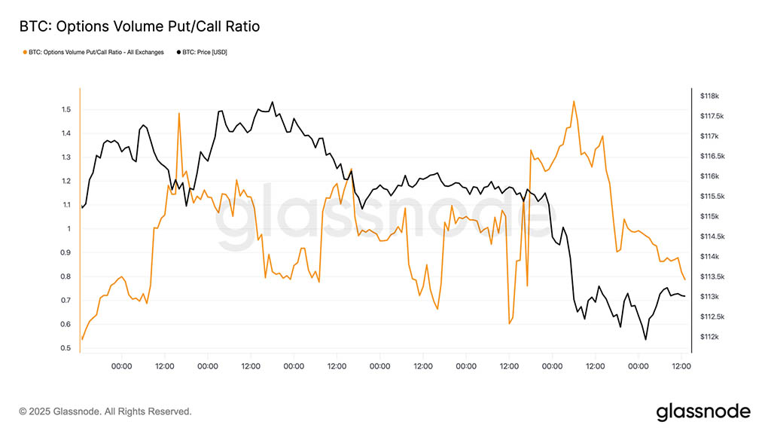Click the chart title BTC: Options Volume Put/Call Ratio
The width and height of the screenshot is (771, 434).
pos(139,27)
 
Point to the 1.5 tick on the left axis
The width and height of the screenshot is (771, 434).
pos(67,110)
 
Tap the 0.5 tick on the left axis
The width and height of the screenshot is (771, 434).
pos(67,348)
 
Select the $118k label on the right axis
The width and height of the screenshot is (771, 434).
pos(710,96)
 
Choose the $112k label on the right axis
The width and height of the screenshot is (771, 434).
pos(710,337)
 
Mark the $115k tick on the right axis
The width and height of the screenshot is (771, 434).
pos(710,217)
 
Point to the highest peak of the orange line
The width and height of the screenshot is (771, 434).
pos(574,101)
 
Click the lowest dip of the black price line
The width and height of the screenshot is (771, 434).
pos(646,339)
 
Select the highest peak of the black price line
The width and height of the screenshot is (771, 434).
pos(273,102)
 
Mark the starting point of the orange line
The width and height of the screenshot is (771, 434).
pos(82,339)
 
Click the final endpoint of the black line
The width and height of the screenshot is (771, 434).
pos(684,296)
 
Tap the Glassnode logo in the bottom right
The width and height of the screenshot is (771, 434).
pos(703,411)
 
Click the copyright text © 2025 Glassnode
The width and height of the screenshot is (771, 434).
pos(105,411)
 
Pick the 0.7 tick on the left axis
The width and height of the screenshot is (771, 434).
pos(67,301)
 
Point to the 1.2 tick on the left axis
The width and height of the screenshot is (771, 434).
pos(67,182)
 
